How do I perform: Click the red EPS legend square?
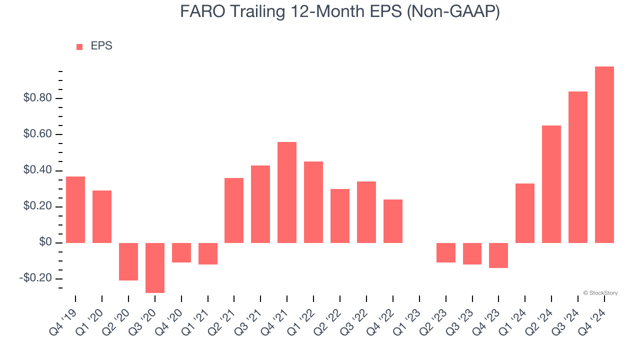click(x=79, y=47)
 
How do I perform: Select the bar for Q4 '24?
click(x=604, y=155)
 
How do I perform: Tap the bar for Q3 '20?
click(x=155, y=268)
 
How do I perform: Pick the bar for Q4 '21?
click(x=287, y=192)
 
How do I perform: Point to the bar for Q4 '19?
click(x=75, y=210)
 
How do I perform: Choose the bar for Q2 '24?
click(x=551, y=184)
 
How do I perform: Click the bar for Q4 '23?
click(x=498, y=255)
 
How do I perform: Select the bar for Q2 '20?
click(x=128, y=261)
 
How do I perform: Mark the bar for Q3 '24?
click(x=578, y=167)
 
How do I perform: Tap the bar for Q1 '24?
click(x=525, y=213)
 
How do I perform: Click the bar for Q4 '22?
click(x=393, y=221)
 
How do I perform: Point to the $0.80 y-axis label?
click(x=37, y=98)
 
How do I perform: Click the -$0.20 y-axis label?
click(x=36, y=279)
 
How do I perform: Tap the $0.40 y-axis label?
click(x=37, y=171)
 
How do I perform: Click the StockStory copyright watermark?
click(x=600, y=293)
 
